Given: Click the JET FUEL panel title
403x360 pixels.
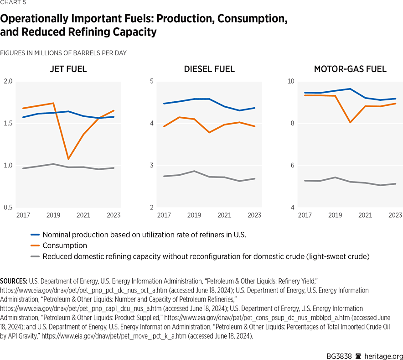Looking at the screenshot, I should point(68,69).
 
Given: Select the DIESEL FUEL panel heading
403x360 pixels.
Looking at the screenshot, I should point(209,69).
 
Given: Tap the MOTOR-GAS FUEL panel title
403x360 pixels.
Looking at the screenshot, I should point(350,69).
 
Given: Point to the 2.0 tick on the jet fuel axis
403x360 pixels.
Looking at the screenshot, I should point(8,82).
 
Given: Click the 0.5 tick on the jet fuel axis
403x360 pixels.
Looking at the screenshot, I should point(8,208).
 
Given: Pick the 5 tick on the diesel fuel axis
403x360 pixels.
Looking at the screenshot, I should point(152,82).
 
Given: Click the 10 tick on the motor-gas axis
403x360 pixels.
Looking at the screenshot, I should point(290,82).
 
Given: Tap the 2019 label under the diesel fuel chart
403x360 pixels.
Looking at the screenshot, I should point(194,215).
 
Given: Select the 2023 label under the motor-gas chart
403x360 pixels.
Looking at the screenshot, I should point(395,215).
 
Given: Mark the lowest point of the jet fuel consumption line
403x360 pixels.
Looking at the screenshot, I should point(68,159).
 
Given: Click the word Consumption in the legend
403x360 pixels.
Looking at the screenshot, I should point(64,246).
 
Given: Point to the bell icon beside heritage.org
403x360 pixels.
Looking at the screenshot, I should point(358,351).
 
